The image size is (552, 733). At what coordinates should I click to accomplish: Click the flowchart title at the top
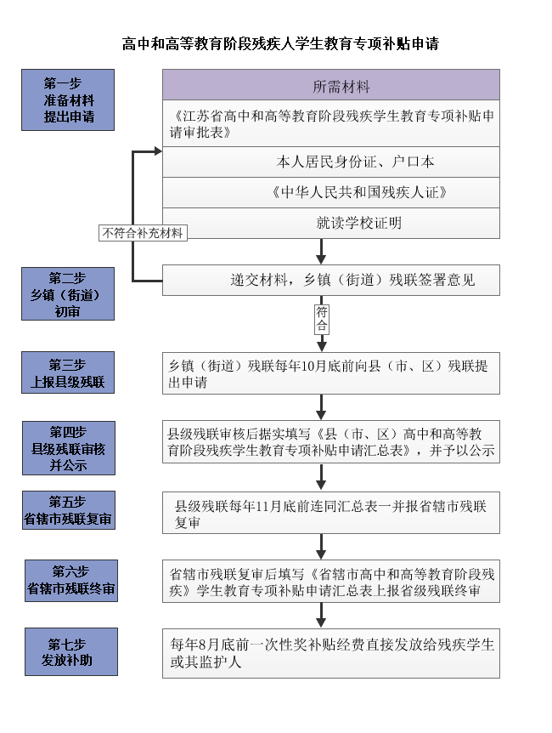[x=280, y=43]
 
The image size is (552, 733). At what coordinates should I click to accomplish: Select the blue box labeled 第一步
[x=68, y=100]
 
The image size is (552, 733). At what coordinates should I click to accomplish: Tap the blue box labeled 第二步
[x=68, y=293]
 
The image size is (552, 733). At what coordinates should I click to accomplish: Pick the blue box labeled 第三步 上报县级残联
[x=68, y=372]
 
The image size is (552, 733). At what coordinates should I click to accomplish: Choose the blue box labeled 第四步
[x=69, y=448]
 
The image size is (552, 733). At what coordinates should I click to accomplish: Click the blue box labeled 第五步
[x=69, y=510]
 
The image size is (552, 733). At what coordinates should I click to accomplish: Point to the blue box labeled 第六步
[x=71, y=581]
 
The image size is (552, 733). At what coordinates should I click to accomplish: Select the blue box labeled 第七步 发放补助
[x=71, y=651]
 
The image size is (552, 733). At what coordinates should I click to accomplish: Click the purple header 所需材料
[x=331, y=85]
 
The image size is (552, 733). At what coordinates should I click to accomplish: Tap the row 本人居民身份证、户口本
[x=331, y=162]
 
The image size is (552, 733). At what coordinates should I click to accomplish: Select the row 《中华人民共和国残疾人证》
[x=331, y=192]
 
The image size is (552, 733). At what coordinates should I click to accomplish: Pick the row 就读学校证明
[x=331, y=223]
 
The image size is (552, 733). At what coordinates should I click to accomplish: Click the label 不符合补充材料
[x=143, y=233]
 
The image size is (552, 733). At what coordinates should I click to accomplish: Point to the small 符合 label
[x=322, y=319]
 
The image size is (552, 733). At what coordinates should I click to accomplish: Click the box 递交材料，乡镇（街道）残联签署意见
[x=331, y=280]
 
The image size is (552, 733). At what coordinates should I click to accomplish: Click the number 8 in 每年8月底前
[x=202, y=645]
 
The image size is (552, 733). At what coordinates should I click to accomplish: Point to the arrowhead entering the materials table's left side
[x=158, y=151]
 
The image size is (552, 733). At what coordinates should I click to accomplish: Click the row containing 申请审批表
[x=331, y=123]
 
